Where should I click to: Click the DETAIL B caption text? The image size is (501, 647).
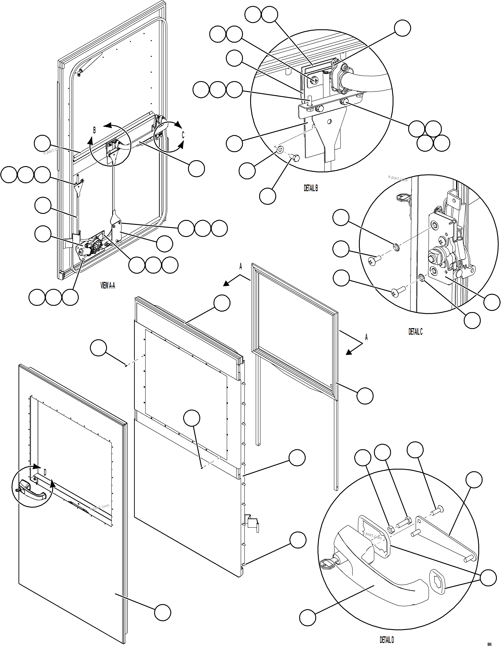tap(311, 188)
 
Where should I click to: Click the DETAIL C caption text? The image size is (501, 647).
tap(415, 332)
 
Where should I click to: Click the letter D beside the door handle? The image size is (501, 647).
tap(45, 473)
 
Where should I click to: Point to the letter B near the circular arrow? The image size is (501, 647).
tap(94, 130)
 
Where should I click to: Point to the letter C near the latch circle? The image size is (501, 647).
tap(183, 135)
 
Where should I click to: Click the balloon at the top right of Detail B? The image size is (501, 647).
tap(402, 28)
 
